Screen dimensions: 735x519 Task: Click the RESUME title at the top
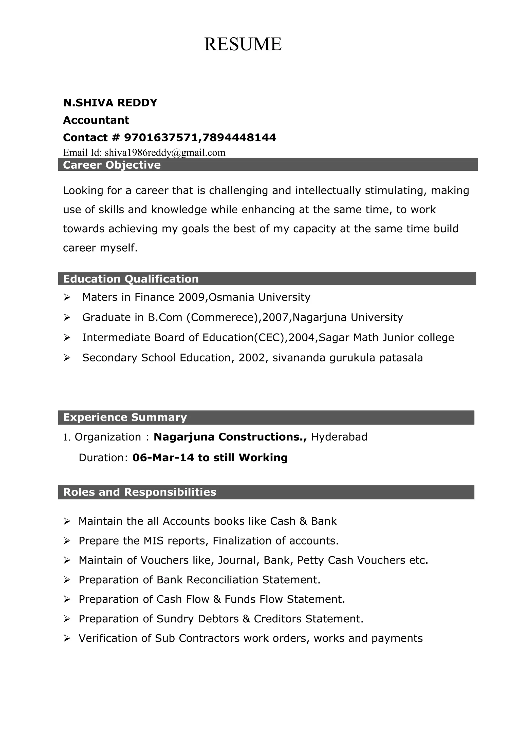point(243,44)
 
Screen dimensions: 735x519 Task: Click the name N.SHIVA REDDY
point(110,103)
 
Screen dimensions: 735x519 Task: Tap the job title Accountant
point(96,120)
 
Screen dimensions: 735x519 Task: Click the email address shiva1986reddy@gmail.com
point(165,153)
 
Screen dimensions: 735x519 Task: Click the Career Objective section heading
point(112,165)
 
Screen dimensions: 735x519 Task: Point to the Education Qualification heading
point(131,279)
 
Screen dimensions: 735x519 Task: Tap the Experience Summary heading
point(125,417)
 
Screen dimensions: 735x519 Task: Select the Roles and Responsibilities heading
point(139,492)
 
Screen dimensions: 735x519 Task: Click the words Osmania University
point(259,297)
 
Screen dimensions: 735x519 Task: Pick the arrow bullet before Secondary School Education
point(66,358)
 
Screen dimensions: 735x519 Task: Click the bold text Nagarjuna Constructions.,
point(230,437)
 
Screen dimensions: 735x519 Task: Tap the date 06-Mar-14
point(163,458)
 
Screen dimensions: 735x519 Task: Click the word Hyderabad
point(339,437)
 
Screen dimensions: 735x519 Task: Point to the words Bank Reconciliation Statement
point(238,580)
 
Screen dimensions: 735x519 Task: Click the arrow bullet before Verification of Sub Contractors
point(66,639)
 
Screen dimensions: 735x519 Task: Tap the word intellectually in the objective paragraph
point(328,191)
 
